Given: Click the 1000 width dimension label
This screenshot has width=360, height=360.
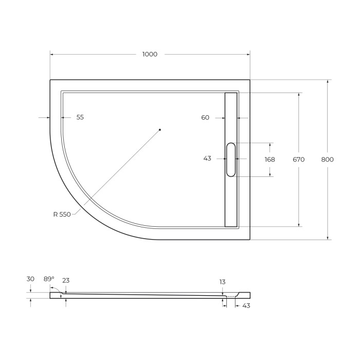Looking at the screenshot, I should pyautogui.click(x=150, y=55).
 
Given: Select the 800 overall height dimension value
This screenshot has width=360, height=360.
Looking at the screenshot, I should pyautogui.click(x=327, y=159).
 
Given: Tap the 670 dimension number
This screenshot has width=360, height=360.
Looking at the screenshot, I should pyautogui.click(x=299, y=159).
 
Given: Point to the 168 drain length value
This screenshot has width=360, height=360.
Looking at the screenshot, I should pyautogui.click(x=270, y=159).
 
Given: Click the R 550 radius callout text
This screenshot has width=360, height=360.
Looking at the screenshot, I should pyautogui.click(x=62, y=214).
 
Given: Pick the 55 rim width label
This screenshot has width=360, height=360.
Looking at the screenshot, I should pyautogui.click(x=80, y=117).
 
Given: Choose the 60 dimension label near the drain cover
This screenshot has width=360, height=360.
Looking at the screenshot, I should pyautogui.click(x=205, y=118).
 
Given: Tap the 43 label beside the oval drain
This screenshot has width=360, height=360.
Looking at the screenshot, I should pyautogui.click(x=207, y=159).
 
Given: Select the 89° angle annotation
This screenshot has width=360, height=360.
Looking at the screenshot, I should pyautogui.click(x=48, y=279).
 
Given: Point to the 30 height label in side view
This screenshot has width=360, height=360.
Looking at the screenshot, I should pyautogui.click(x=30, y=279).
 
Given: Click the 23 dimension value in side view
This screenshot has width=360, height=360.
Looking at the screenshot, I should pyautogui.click(x=66, y=281).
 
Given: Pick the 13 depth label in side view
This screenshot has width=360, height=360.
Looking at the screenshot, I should pyautogui.click(x=222, y=282).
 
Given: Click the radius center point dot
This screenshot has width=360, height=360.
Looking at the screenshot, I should pyautogui.click(x=160, y=130).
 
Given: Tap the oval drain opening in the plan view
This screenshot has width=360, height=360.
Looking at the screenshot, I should pyautogui.click(x=231, y=160).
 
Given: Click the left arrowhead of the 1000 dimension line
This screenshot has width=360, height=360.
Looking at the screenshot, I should pyautogui.click(x=52, y=55).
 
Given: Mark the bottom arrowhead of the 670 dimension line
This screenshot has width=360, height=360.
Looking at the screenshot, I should pyautogui.click(x=299, y=224).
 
